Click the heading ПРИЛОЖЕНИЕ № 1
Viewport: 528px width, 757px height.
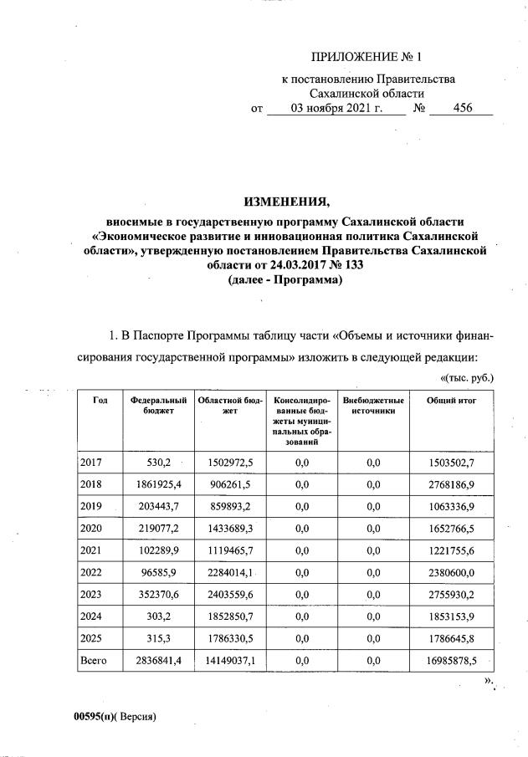point(365,58)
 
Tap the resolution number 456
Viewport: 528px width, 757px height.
point(462,108)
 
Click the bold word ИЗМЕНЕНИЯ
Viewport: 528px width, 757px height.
point(285,201)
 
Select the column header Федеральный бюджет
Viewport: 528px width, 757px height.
point(158,407)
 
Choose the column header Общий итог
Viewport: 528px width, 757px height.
point(451,401)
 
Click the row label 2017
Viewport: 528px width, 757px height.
point(90,462)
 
